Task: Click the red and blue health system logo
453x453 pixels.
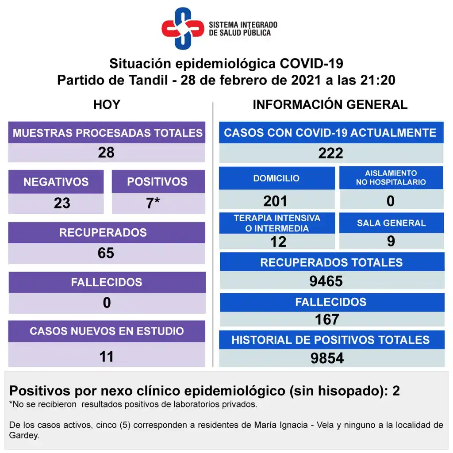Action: tap(182, 29)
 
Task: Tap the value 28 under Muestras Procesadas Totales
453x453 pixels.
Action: tap(106, 153)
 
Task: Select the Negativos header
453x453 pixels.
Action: tap(56, 182)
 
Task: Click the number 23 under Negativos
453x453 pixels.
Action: tap(62, 203)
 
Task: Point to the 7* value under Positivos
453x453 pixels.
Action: tap(153, 203)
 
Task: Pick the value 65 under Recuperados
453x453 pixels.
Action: tap(106, 253)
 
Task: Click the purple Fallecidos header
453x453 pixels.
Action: tap(107, 282)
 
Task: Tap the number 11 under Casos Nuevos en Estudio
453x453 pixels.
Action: tap(107, 356)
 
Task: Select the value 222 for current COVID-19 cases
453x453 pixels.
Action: tap(330, 153)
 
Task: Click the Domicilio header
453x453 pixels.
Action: tap(276, 178)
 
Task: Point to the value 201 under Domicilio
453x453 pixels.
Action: tap(275, 201)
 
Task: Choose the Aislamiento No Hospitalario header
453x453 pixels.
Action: tap(391, 177)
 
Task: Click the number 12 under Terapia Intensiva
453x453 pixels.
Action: tap(278, 242)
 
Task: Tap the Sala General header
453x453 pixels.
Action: tap(391, 223)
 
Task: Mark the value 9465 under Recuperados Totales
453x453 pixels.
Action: tap(326, 281)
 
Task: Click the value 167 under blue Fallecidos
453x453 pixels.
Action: tap(327, 319)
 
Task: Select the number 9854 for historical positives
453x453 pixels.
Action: tap(327, 358)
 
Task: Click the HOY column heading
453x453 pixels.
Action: tap(107, 105)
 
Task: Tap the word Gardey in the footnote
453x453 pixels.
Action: tap(20, 435)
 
